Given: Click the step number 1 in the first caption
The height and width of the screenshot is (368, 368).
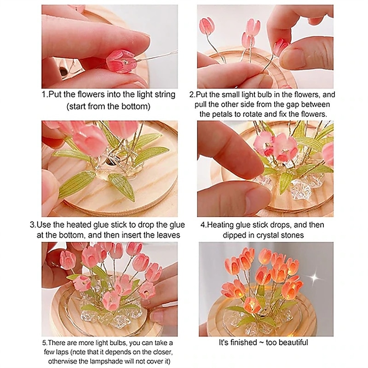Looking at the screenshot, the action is click(43, 94).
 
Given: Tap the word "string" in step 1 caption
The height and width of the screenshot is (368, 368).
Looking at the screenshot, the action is click(165, 95).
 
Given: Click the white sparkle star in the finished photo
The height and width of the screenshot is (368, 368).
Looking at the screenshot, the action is click(315, 277).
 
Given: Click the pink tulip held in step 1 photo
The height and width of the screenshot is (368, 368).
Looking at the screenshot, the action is click(121, 61).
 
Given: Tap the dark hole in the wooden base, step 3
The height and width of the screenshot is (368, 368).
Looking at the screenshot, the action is click(110, 161).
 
